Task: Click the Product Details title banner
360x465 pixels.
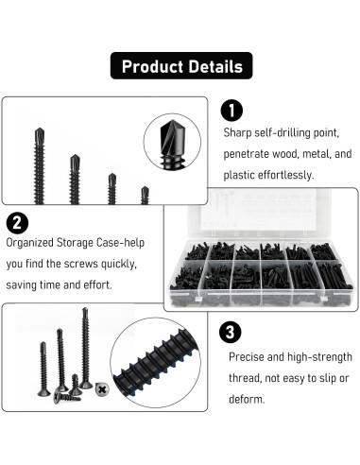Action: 180,66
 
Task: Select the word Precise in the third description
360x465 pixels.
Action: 249,357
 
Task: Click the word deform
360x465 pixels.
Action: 249,399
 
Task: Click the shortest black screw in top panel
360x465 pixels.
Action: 145,195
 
